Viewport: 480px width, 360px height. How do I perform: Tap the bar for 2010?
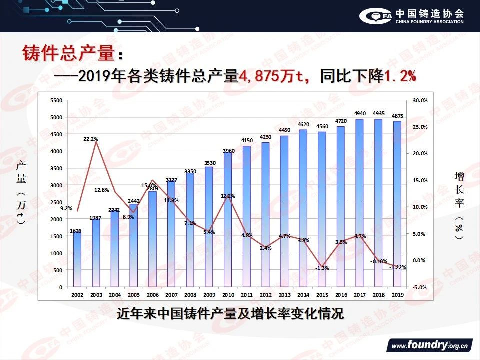228,220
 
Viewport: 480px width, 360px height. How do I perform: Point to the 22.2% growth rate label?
91,139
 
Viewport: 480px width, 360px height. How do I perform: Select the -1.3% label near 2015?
322,268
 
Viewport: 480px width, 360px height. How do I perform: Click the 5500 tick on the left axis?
56,100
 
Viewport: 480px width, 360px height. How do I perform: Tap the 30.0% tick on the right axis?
420,100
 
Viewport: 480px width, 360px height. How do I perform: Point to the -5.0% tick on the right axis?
420,287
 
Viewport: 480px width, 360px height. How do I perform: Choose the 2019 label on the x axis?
397,295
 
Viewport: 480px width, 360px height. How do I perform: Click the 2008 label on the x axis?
190,295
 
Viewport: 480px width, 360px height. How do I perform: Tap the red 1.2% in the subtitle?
400,77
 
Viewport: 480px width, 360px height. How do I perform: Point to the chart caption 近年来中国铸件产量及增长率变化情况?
230,315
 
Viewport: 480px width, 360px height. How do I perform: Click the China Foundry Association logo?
412,16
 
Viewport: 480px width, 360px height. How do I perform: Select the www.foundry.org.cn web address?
429,345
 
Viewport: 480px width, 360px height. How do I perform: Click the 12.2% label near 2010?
227,196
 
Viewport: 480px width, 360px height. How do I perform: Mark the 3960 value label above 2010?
228,150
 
